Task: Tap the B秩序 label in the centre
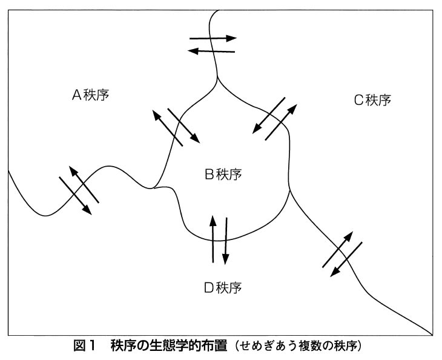point(223,175)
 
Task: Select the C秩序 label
point(372,100)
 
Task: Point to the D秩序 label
point(223,286)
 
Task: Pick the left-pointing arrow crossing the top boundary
point(212,51)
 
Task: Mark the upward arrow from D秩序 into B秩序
point(213,239)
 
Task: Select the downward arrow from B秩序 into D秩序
point(226,241)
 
